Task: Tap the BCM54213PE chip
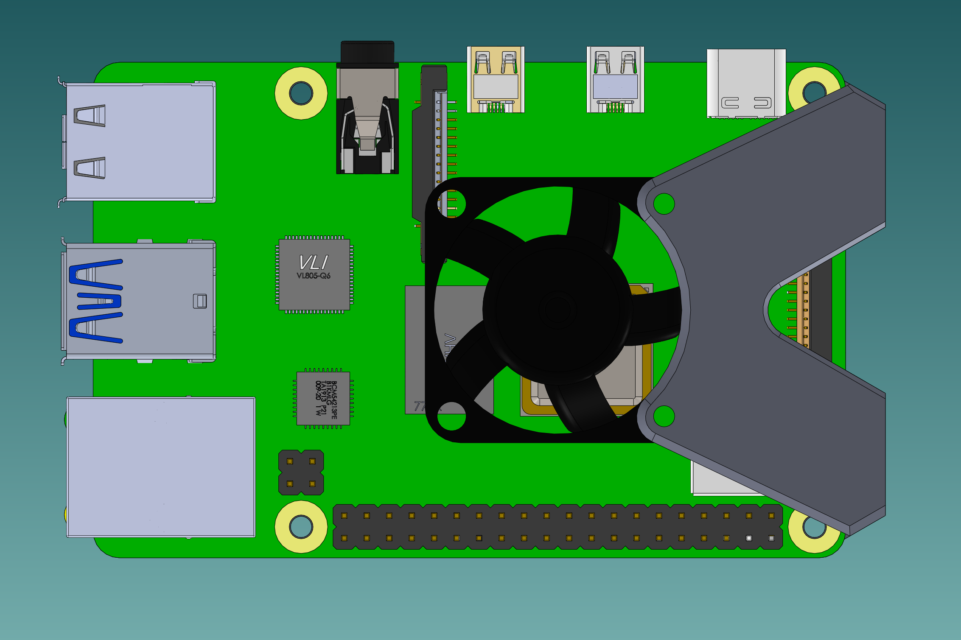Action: tap(323, 398)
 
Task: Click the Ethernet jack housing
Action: tap(161, 467)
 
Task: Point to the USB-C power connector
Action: tap(746, 83)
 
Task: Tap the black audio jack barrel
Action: tap(367, 53)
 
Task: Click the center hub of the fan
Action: tap(558, 310)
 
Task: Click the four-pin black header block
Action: tap(301, 472)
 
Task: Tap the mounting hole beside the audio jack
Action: tap(301, 93)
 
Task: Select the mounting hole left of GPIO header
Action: tap(301, 527)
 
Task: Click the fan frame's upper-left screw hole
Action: tap(451, 204)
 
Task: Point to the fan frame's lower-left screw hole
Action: tap(451, 416)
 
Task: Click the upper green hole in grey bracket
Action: tap(664, 204)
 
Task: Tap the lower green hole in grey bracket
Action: tap(664, 416)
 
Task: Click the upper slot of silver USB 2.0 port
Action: tap(90, 115)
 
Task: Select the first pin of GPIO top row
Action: tap(345, 516)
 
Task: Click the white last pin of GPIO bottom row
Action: tap(771, 538)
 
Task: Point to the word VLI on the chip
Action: tap(314, 263)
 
